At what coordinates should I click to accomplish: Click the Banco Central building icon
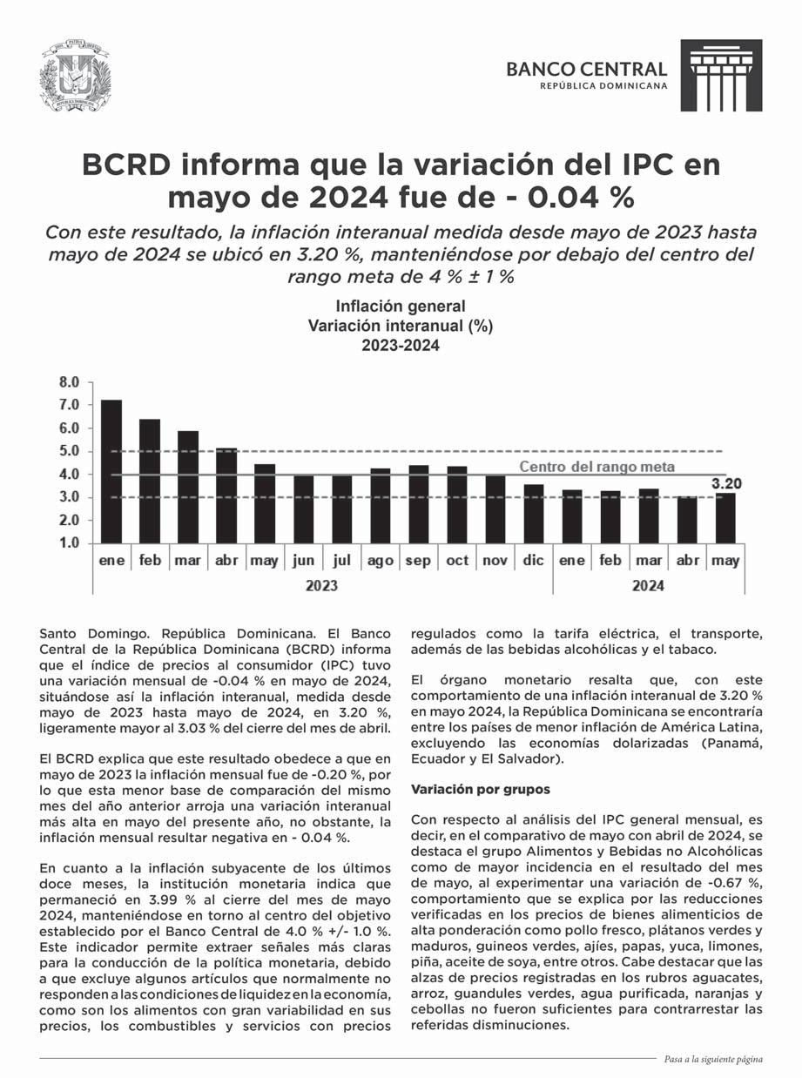click(x=720, y=75)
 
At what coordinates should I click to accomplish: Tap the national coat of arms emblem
click(x=76, y=76)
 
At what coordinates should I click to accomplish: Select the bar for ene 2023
click(x=111, y=471)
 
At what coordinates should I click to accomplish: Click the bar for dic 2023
click(x=533, y=514)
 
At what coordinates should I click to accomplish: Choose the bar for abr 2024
click(x=687, y=520)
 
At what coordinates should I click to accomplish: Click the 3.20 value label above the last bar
click(x=726, y=483)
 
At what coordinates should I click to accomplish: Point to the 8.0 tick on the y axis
click(x=69, y=382)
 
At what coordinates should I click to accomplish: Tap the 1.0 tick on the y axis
click(x=69, y=543)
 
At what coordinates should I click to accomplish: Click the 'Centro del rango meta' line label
click(x=596, y=468)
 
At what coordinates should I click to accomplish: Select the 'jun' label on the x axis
click(x=303, y=561)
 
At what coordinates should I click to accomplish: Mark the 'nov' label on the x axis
click(x=495, y=561)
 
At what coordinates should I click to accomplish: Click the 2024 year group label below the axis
click(x=647, y=586)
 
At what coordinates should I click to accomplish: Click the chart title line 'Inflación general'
click(x=401, y=307)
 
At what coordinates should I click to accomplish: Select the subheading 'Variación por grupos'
click(x=480, y=789)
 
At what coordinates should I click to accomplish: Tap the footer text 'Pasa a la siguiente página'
click(x=712, y=1060)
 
